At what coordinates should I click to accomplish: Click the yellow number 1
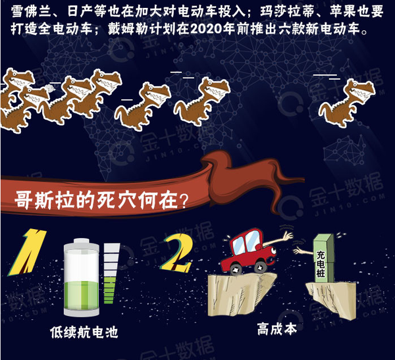point(27,252)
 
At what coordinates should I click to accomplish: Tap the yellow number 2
point(178,255)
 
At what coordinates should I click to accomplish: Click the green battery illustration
point(82,277)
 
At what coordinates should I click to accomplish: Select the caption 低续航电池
point(84,332)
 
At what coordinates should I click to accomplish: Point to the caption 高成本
point(277,329)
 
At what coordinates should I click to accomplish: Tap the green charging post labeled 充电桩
point(324,258)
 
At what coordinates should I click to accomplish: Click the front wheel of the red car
point(261,267)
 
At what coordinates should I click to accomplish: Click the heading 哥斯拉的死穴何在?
point(101,201)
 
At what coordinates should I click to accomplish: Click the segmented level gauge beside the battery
point(111,273)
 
